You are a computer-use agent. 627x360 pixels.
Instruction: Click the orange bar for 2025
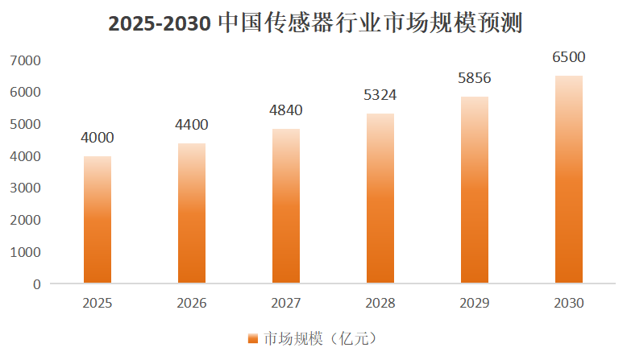98,219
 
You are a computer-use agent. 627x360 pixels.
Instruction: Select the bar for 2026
192,213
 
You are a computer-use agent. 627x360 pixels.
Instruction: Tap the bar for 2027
286,206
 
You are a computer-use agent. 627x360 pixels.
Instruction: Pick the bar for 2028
380,198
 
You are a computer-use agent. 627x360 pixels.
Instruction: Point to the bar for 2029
475,190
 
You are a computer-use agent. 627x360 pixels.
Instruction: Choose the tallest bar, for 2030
569,180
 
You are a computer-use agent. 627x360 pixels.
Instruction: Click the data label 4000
98,139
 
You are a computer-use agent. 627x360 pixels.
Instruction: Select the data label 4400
192,125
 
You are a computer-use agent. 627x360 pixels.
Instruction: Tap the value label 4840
286,110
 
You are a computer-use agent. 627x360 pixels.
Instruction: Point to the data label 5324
380,95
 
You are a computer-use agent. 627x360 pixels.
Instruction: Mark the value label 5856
475,78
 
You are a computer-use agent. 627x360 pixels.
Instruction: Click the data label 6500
569,57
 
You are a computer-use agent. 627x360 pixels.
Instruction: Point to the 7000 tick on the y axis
24,60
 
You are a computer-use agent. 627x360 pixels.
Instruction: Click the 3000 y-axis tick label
24,188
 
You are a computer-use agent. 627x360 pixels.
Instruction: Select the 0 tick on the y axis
36,283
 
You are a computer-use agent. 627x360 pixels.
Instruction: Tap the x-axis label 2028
380,304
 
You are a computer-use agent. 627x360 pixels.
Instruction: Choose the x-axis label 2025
98,304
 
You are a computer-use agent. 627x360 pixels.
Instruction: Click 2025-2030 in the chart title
160,24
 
